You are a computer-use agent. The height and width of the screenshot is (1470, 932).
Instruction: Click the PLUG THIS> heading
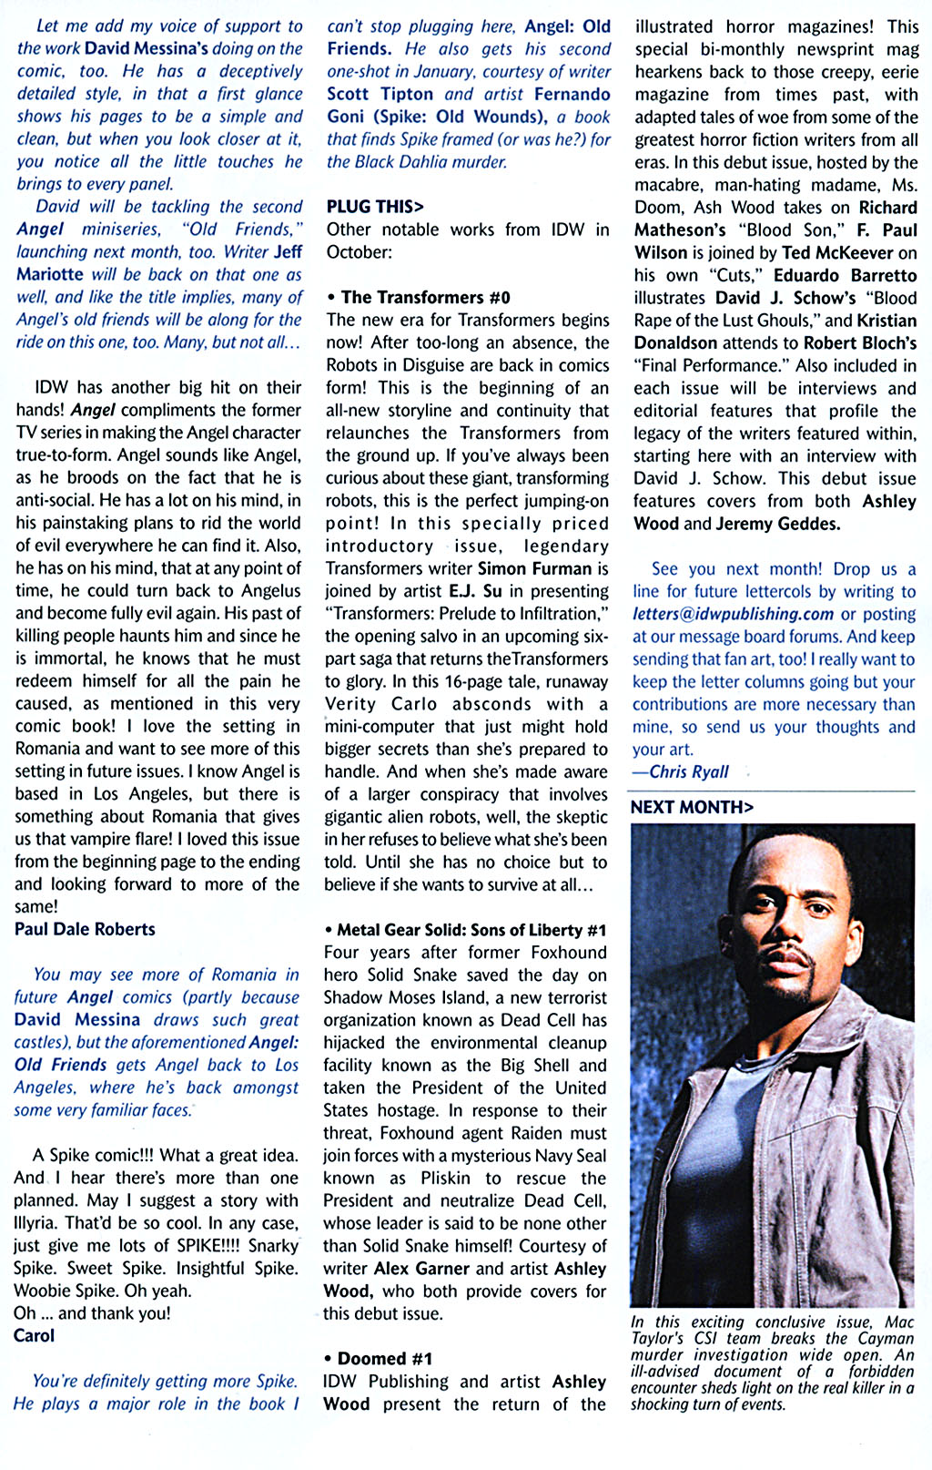(x=375, y=207)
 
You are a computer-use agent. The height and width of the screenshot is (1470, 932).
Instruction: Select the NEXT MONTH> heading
(x=692, y=807)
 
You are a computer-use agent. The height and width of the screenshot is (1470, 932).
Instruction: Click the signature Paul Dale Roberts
(x=85, y=929)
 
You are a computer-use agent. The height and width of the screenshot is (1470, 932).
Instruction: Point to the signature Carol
(x=34, y=1335)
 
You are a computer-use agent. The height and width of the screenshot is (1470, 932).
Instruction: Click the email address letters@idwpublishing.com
(x=734, y=614)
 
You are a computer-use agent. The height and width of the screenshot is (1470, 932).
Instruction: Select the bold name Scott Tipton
(x=380, y=94)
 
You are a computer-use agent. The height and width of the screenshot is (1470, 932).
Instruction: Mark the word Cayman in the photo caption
(x=884, y=1338)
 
